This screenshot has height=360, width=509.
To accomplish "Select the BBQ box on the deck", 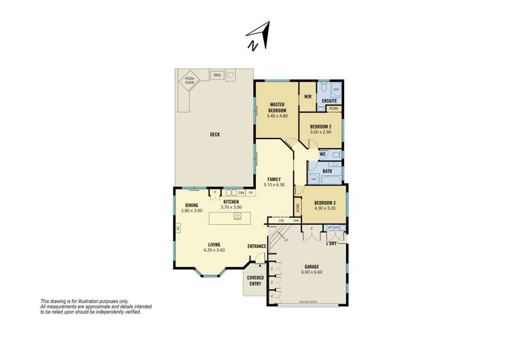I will [218, 75].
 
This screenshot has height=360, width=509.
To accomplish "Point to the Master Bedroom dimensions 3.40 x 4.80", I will [278, 116].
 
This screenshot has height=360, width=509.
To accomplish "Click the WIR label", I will [307, 97].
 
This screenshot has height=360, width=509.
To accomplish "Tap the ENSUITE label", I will [330, 101].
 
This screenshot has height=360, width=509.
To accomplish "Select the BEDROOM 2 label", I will [320, 127].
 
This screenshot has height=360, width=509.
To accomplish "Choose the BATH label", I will [326, 172].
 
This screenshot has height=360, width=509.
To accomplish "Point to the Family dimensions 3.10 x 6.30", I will [274, 185].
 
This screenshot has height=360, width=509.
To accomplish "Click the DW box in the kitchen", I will [242, 192].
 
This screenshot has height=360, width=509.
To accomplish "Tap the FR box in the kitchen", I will [251, 192].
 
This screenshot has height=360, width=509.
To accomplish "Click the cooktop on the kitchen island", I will [238, 217].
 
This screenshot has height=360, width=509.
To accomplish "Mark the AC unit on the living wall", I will [177, 229].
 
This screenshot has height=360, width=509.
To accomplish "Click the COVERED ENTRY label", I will [255, 281].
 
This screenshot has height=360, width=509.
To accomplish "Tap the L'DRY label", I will [332, 242].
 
